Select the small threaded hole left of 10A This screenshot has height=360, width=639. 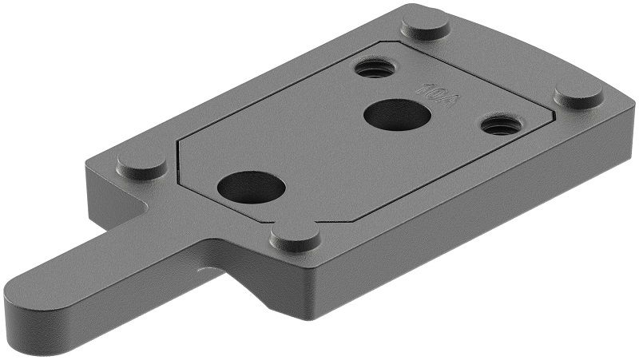pos(375,67)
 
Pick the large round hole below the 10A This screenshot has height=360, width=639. pos(397,115)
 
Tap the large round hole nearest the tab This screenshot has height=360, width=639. pos(251,188)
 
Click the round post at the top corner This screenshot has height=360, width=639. pos(425,24)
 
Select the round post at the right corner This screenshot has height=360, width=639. pos(579,93)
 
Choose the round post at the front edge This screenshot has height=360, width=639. pos(296,235)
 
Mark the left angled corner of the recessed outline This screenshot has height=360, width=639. pos(179,156)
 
